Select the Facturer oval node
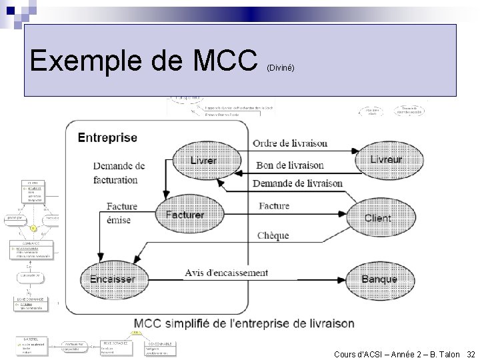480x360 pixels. tap(185, 215)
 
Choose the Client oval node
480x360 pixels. tap(378, 218)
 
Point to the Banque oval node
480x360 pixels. tap(379, 279)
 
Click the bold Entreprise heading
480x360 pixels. tap(107, 138)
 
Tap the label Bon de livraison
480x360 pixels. tap(290, 165)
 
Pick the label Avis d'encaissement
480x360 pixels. tap(227, 273)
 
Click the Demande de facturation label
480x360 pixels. tap(118, 173)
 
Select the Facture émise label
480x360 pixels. tap(121, 213)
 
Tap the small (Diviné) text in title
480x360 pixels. tap(280, 68)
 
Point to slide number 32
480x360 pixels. tap(471, 354)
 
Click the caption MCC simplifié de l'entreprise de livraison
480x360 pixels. tap(245, 323)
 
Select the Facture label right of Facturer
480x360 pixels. tap(273, 206)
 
